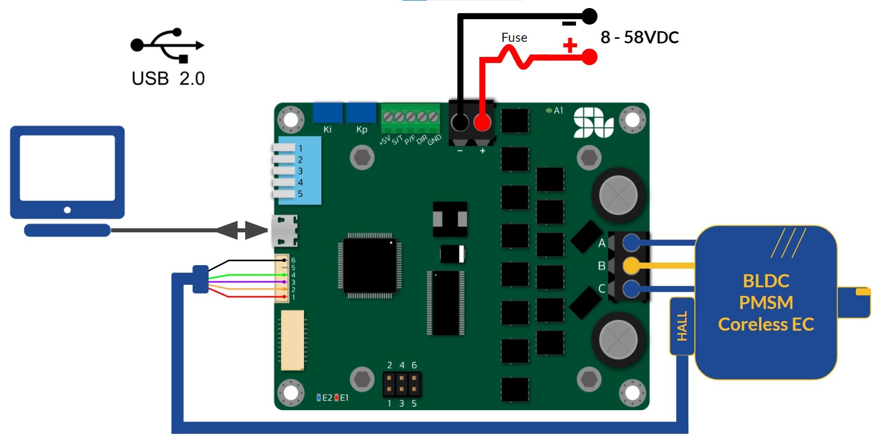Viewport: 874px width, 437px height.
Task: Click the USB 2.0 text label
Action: [x=168, y=79]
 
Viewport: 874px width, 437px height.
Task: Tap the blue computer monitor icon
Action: [x=67, y=174]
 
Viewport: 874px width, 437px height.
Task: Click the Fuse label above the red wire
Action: [x=514, y=38]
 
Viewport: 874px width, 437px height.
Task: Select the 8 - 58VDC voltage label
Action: [x=639, y=37]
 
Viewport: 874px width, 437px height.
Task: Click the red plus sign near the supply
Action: [x=570, y=45]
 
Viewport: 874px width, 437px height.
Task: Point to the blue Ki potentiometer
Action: [x=328, y=113]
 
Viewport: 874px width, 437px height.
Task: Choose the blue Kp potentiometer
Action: [x=361, y=113]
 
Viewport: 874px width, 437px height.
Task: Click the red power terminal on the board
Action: [x=482, y=122]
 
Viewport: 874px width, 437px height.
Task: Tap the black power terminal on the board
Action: [x=459, y=122]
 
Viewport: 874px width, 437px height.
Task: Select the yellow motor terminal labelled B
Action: [x=631, y=265]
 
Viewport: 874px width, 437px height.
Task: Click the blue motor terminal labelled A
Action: [x=631, y=242]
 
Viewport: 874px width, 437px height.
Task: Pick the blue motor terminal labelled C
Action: [x=631, y=289]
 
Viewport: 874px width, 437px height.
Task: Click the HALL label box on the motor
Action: [x=682, y=326]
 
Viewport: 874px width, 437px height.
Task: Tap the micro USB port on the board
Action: [x=284, y=231]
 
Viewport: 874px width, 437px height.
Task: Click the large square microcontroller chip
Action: [x=370, y=265]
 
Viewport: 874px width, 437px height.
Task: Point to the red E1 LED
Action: [x=336, y=398]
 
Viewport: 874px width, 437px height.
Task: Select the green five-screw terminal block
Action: [x=410, y=117]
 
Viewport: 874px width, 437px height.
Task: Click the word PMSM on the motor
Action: [x=766, y=302]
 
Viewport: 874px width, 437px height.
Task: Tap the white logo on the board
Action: [x=593, y=122]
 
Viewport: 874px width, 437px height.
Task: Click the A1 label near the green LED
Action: [x=558, y=110]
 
